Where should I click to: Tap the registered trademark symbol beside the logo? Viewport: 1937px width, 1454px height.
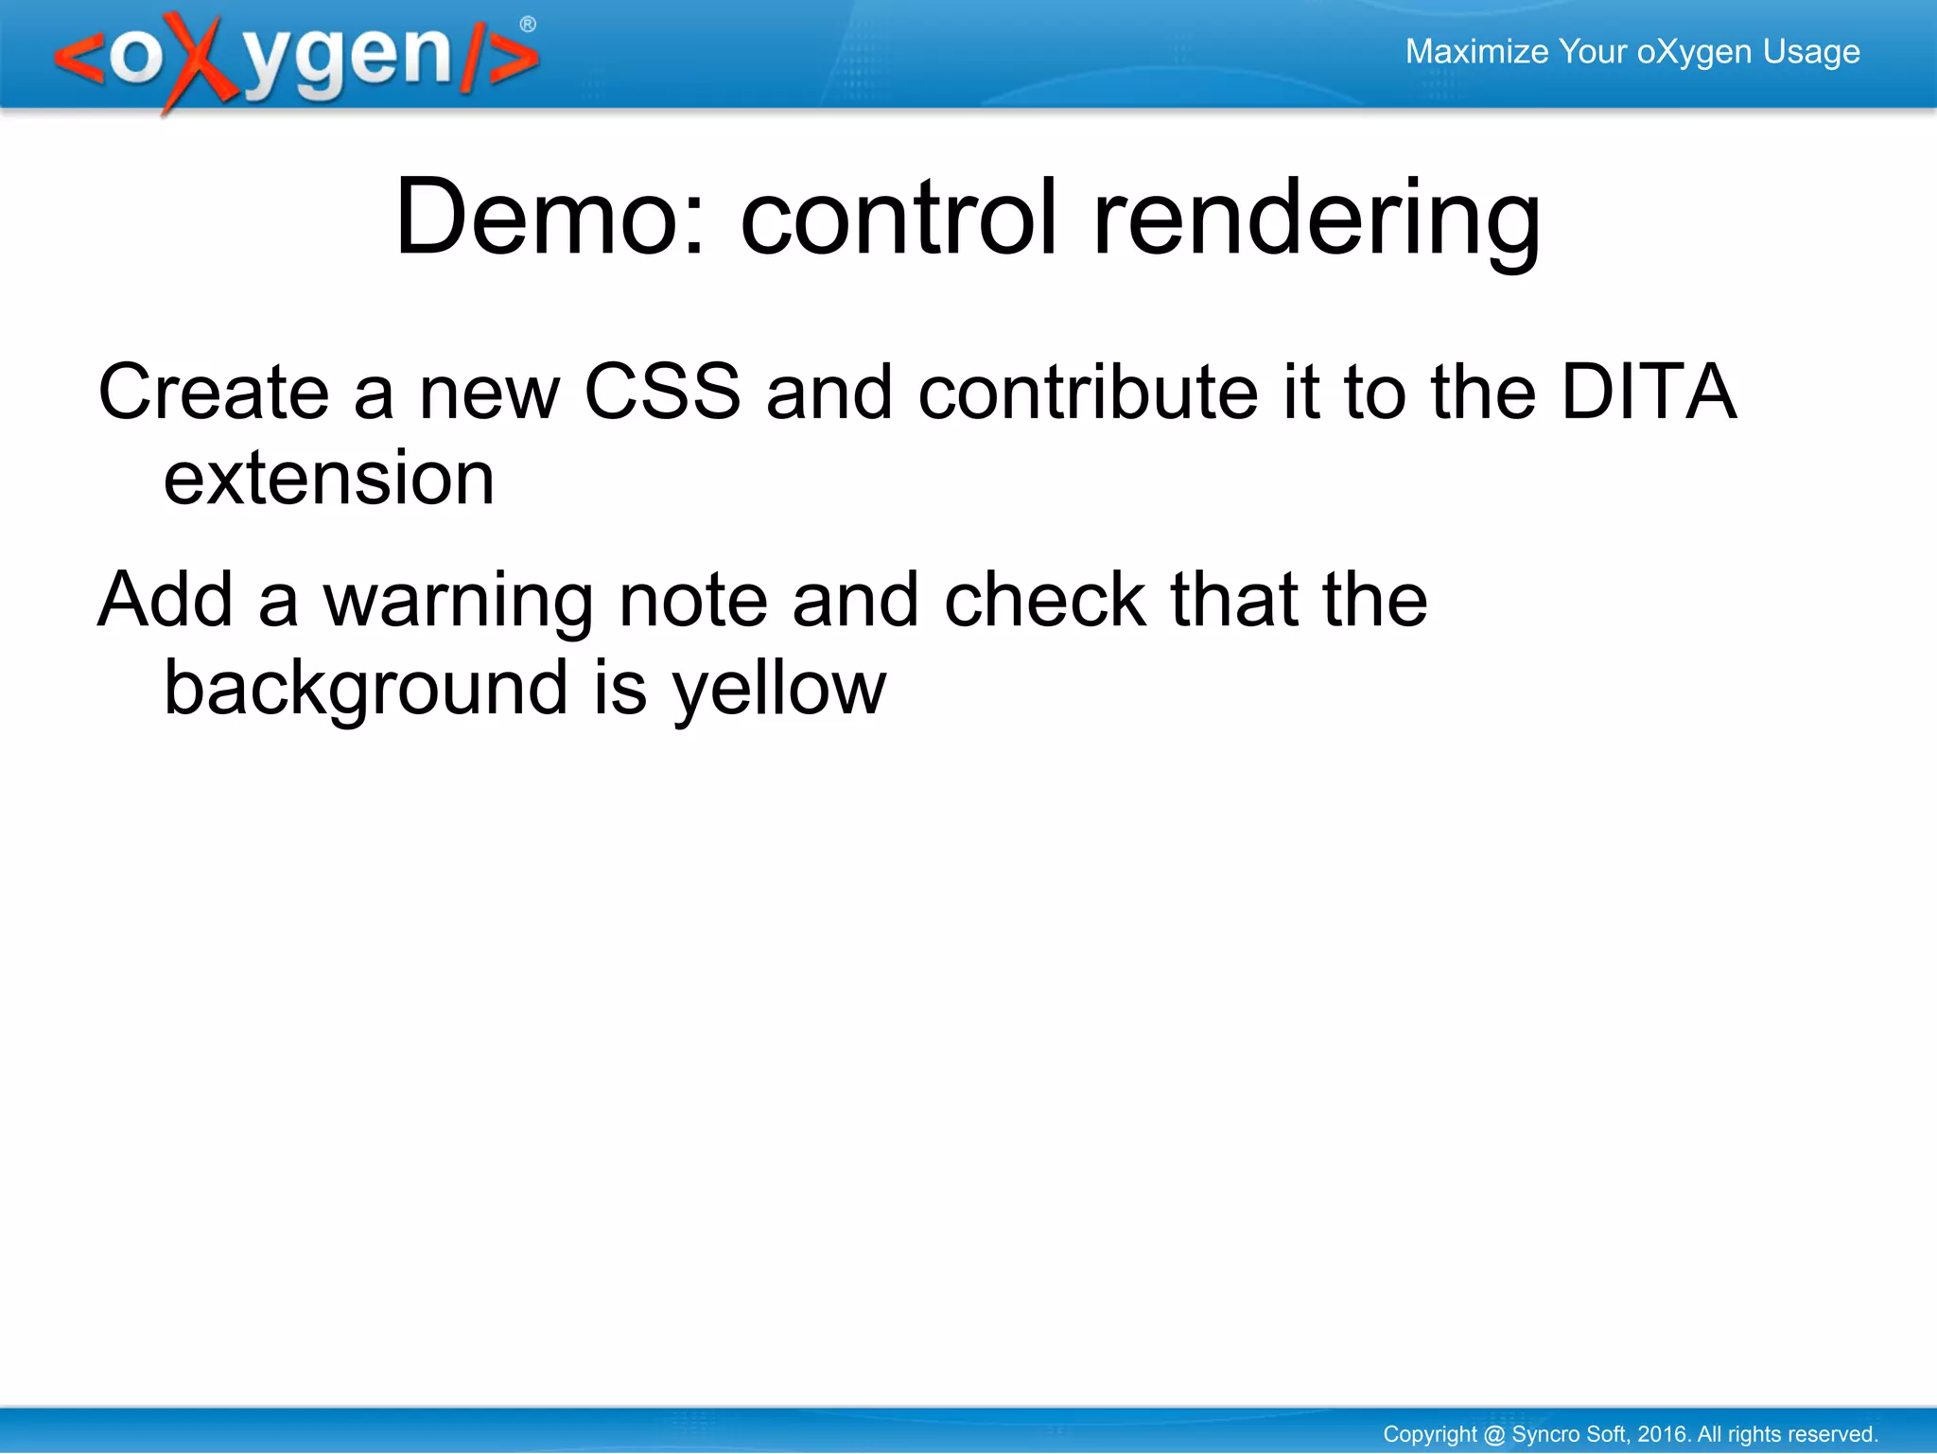528,25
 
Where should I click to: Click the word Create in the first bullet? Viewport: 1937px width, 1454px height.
214,392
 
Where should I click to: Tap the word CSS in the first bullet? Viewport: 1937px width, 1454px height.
662,392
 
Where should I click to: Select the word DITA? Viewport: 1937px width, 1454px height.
1648,392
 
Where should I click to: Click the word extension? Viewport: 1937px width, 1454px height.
329,479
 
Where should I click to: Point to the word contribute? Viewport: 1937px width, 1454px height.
1088,392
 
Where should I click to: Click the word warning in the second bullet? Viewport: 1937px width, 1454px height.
458,602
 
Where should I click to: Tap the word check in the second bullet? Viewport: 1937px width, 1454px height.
1045,600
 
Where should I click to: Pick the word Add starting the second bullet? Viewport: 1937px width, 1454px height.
166,600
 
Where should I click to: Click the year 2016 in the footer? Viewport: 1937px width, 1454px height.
1663,1434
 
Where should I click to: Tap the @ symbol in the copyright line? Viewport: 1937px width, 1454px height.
1494,1434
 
